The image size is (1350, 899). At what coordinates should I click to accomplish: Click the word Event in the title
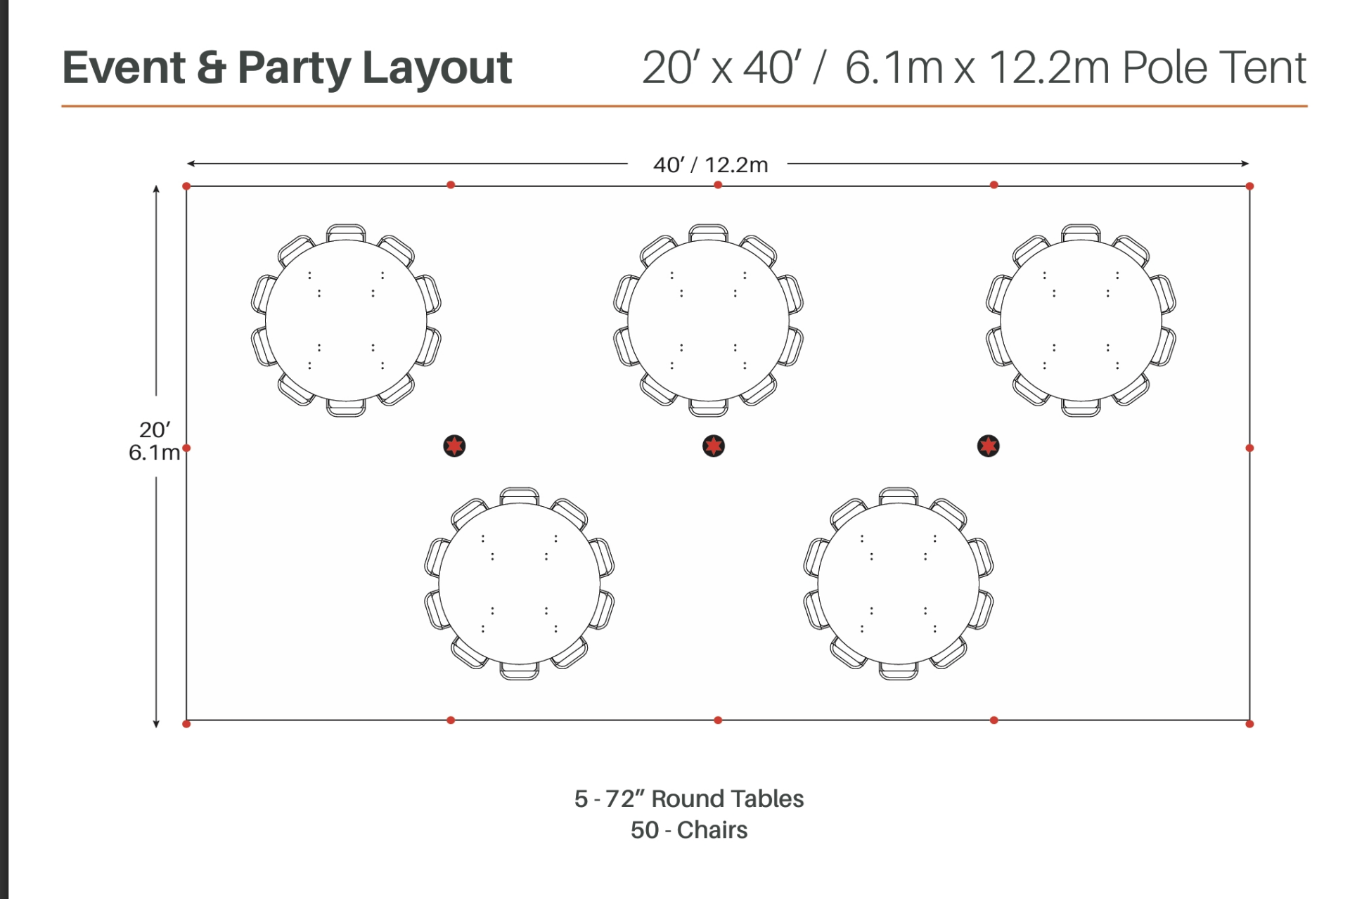click(x=124, y=67)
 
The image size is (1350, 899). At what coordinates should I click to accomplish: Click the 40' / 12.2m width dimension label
click(x=710, y=164)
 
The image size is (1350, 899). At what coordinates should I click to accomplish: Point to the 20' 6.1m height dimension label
click(x=154, y=441)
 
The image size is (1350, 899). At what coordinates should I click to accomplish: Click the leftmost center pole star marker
click(x=454, y=446)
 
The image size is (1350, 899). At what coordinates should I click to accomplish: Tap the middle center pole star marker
click(x=714, y=446)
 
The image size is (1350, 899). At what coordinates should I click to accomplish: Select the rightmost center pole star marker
click(x=989, y=446)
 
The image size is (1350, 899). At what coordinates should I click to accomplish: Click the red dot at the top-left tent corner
click(x=186, y=186)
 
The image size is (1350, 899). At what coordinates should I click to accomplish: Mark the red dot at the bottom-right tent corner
click(x=1249, y=723)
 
